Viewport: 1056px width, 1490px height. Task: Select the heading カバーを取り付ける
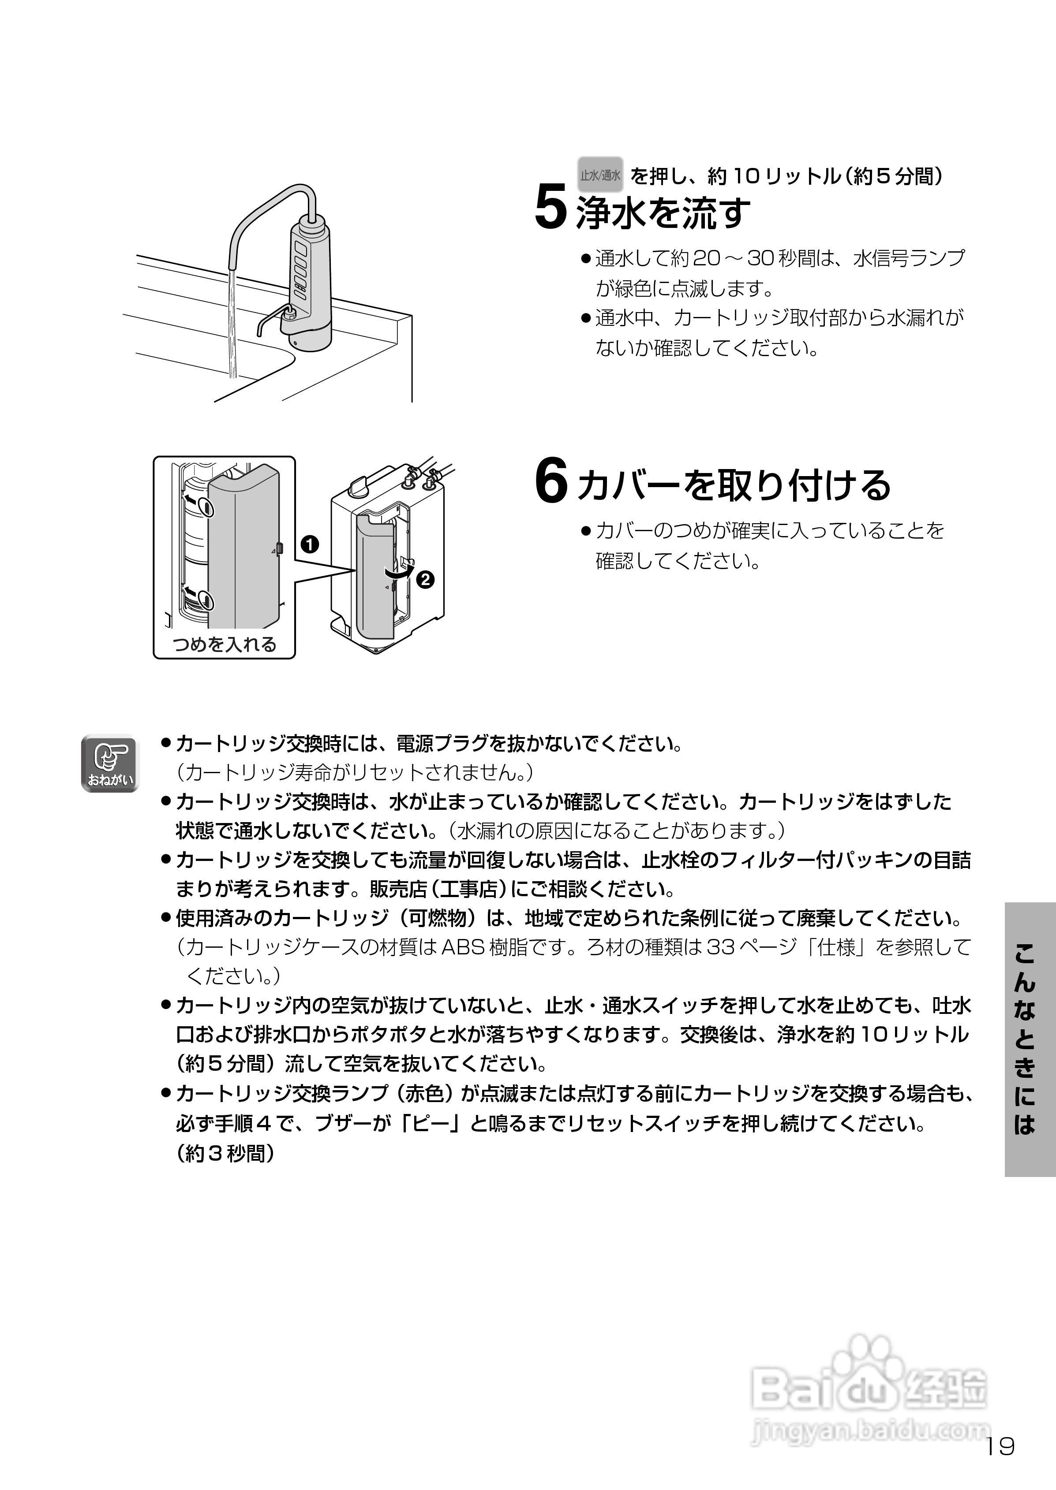[x=734, y=485]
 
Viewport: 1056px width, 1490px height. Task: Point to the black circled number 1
[x=310, y=543]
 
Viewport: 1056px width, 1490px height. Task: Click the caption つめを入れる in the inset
[x=225, y=644]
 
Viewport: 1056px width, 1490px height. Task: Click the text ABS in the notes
[x=462, y=947]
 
